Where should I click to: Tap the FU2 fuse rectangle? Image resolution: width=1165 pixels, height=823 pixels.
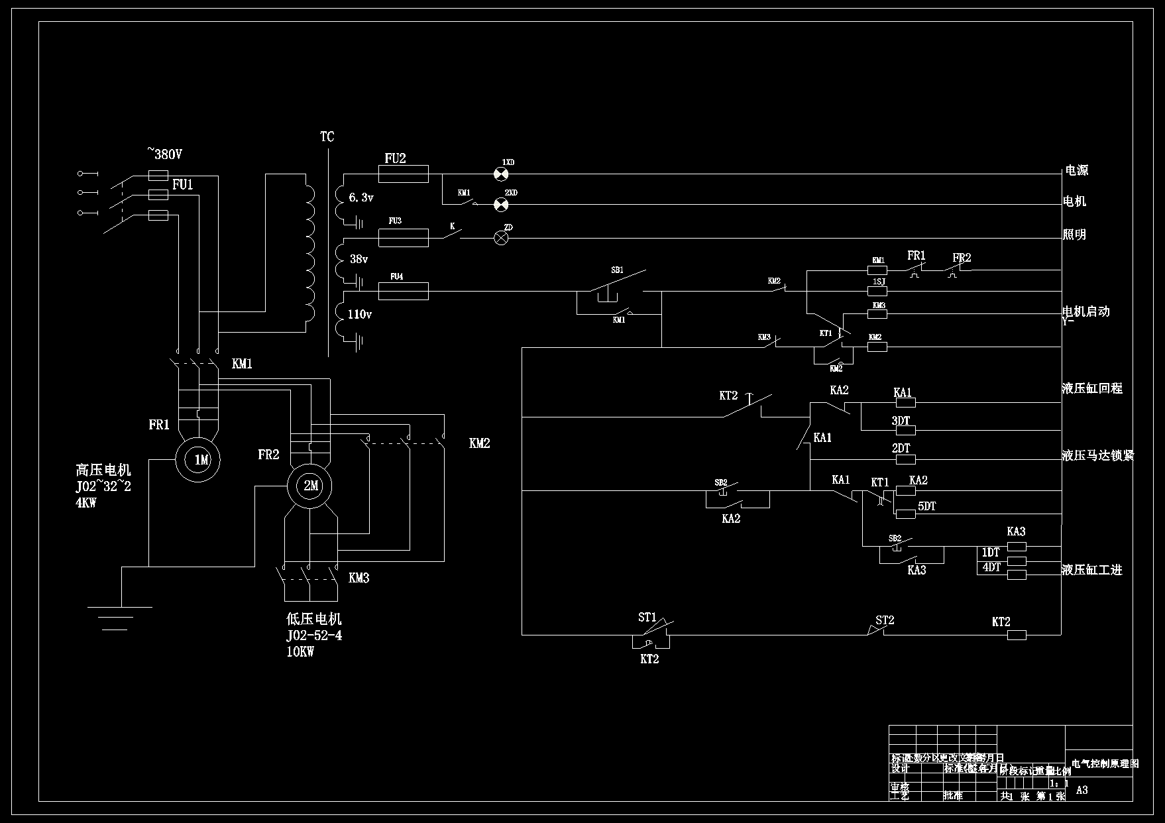tap(403, 174)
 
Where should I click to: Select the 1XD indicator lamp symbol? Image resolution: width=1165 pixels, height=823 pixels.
tap(502, 174)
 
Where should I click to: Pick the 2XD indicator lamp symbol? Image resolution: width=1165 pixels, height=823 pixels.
tap(502, 204)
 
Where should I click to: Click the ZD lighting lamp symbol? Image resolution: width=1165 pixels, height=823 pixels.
tap(502, 238)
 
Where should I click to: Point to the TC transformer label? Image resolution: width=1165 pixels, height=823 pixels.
tap(327, 137)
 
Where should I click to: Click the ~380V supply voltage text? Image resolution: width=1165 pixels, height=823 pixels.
tap(164, 154)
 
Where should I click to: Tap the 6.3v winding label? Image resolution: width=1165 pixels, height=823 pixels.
tap(361, 197)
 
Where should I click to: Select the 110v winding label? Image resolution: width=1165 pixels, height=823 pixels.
tap(359, 314)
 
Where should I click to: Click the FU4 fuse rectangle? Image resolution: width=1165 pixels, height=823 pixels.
tap(403, 290)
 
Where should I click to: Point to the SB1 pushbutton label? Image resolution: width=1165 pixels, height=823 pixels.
tap(617, 270)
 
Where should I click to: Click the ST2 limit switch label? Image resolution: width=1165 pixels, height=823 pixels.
tap(885, 620)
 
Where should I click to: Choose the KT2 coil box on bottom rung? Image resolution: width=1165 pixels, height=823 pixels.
tap(1017, 635)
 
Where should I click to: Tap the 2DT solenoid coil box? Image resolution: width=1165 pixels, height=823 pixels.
tap(905, 459)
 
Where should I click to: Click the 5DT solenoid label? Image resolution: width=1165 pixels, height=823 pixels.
tap(926, 506)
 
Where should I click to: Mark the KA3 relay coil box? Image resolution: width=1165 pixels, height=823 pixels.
tap(1017, 547)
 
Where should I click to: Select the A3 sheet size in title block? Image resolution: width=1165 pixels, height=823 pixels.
tap(1082, 790)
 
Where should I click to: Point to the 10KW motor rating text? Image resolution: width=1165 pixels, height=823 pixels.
tap(300, 651)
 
